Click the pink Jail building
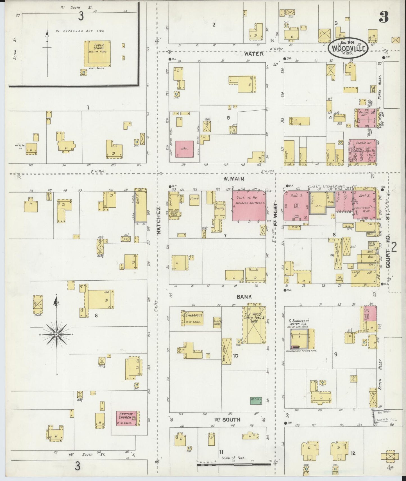tap(185, 149)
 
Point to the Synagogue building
tap(192, 318)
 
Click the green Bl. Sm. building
tap(255, 400)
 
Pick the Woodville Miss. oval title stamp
tap(348, 48)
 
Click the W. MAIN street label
tap(234, 179)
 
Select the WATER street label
tap(254, 54)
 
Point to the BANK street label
tap(244, 297)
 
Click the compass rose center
tap(56, 335)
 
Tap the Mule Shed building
tap(226, 351)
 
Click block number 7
tap(225, 236)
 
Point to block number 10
tap(235, 356)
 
